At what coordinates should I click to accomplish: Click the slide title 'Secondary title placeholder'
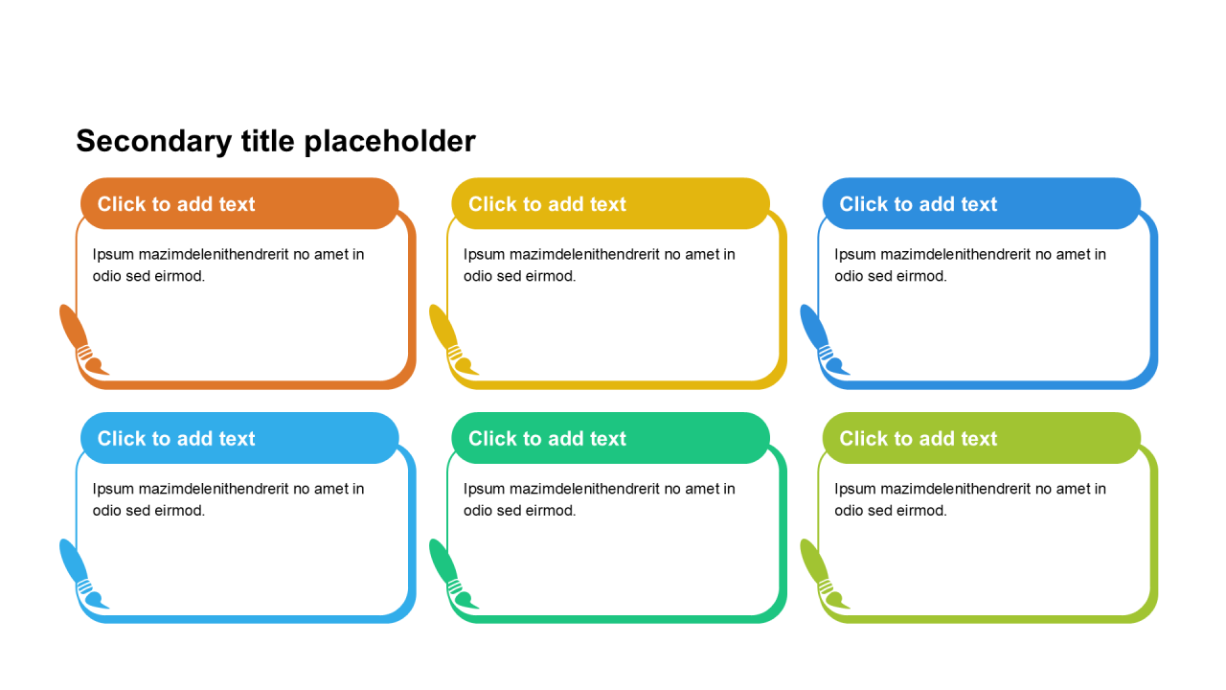(x=276, y=141)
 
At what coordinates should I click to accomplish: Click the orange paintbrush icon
(x=80, y=340)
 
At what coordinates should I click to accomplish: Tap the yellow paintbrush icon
(x=450, y=340)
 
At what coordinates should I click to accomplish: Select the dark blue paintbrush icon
(x=821, y=340)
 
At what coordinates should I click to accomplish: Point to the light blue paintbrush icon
(x=80, y=575)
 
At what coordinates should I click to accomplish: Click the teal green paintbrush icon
(x=450, y=575)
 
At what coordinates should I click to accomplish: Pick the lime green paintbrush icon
(x=821, y=575)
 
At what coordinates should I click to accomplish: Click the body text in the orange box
(x=228, y=265)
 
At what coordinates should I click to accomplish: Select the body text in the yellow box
(x=599, y=265)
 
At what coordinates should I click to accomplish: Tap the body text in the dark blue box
(x=969, y=265)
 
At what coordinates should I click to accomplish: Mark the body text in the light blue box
(x=228, y=499)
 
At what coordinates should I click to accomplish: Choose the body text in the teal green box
(x=599, y=499)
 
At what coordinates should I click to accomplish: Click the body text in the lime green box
(x=969, y=499)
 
